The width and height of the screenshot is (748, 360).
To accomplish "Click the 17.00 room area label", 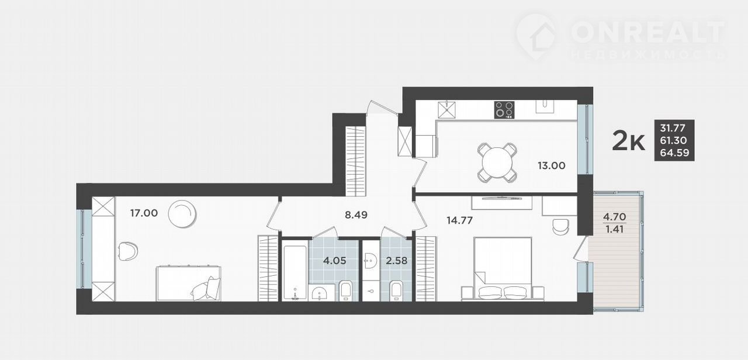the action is pyautogui.click(x=144, y=213).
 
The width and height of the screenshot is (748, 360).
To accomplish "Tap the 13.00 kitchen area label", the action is pyautogui.click(x=551, y=165).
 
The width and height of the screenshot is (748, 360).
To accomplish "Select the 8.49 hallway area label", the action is pyautogui.click(x=356, y=214).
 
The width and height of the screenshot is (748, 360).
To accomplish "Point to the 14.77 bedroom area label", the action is pyautogui.click(x=459, y=220).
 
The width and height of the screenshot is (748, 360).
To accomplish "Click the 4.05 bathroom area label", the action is pyautogui.click(x=335, y=261).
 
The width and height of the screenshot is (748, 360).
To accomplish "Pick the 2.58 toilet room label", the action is pyautogui.click(x=396, y=261).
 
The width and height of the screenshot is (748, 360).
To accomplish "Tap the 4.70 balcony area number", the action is pyautogui.click(x=614, y=217).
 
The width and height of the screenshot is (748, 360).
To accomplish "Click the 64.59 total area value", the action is pyautogui.click(x=674, y=153).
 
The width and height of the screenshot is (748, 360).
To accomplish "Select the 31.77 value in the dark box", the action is pyautogui.click(x=673, y=128).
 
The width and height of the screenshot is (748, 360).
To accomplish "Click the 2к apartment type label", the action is pyautogui.click(x=628, y=141).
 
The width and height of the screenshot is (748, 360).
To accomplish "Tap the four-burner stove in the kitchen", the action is pyautogui.click(x=504, y=109).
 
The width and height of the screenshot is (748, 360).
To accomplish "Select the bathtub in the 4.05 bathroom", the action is pyautogui.click(x=294, y=272).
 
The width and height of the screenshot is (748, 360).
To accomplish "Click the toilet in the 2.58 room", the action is pyautogui.click(x=396, y=291).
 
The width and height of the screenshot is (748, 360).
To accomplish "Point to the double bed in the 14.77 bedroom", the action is pyautogui.click(x=503, y=269).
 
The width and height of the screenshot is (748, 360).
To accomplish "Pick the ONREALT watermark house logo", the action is pyautogui.click(x=536, y=36).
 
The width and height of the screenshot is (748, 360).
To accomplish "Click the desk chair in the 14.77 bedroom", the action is pyautogui.click(x=560, y=227).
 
